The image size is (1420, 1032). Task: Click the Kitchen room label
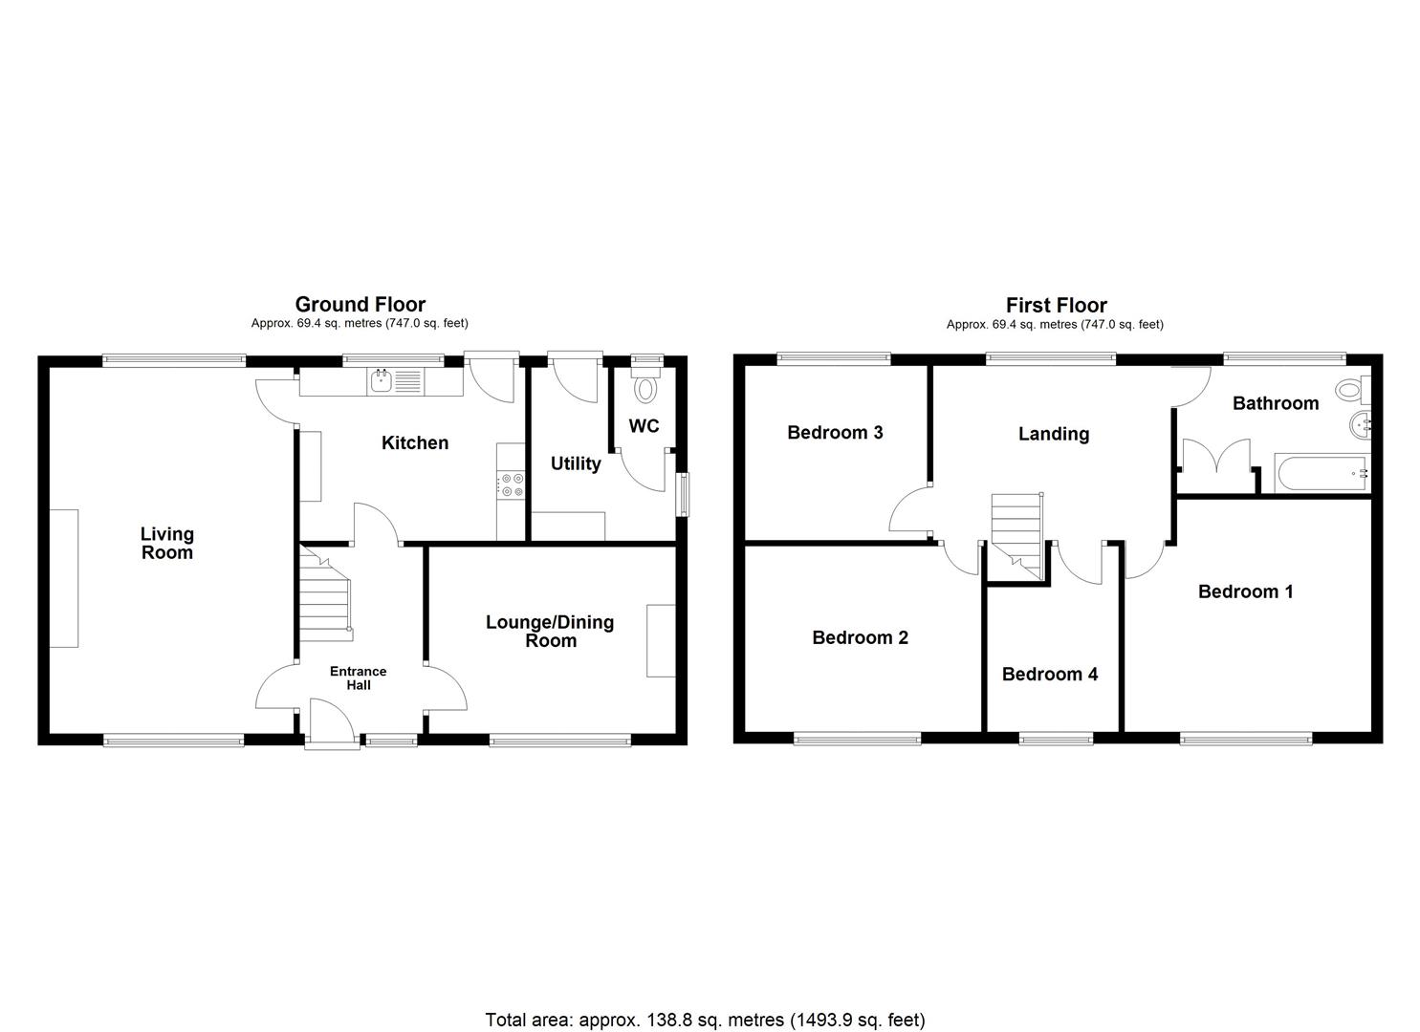(x=414, y=442)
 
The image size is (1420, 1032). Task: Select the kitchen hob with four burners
(x=511, y=485)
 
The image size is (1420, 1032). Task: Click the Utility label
(x=576, y=463)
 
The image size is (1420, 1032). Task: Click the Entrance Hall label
(x=358, y=678)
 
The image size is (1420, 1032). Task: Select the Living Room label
(x=167, y=543)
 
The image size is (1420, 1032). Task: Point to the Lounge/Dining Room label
(x=550, y=631)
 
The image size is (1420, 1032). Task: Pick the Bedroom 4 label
(x=1050, y=675)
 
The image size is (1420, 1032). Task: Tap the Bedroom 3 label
(x=835, y=433)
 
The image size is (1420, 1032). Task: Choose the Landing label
(x=1054, y=434)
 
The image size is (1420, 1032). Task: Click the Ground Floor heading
(x=360, y=305)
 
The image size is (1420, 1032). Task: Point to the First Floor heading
(x=1056, y=306)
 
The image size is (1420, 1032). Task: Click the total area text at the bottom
(x=705, y=1020)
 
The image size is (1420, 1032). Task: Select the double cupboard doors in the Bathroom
(x=1216, y=457)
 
